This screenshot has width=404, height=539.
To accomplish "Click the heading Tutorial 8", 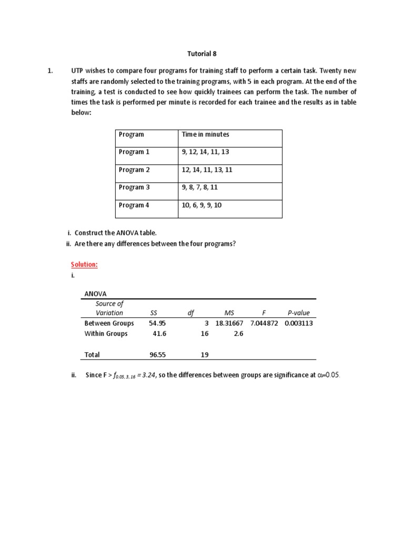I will [202, 54].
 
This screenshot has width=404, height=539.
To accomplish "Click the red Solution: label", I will [84, 264].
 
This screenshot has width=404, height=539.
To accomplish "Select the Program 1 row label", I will [134, 152].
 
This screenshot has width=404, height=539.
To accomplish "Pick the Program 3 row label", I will [134, 187].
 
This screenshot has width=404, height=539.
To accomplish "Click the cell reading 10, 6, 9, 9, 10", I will [202, 205].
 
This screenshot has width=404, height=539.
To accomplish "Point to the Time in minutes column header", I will [205, 134].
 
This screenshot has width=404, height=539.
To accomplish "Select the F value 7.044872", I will [265, 323].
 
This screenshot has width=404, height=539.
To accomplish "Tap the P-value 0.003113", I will [298, 323].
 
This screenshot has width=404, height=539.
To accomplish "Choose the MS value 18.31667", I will [229, 323].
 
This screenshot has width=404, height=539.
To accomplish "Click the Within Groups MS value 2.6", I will [238, 334].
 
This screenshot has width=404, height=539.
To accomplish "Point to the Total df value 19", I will [205, 355].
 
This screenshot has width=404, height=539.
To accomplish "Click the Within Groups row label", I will [106, 334].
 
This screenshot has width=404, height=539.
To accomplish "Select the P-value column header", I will [298, 313].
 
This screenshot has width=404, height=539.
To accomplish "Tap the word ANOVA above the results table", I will [95, 294].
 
